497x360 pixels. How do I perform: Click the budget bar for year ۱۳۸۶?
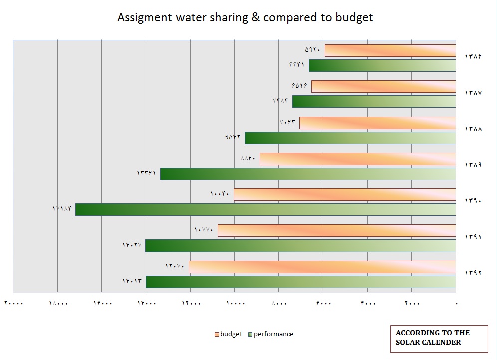390,50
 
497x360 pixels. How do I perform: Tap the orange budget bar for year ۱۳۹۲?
322,267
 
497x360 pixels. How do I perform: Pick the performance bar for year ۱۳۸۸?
350,138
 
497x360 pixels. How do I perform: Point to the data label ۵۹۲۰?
313,50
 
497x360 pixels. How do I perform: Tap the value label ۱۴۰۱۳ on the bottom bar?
132,281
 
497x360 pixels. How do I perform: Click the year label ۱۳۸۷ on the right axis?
473,93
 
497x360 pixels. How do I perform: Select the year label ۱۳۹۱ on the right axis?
473,237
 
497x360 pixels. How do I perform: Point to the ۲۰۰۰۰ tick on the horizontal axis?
14,303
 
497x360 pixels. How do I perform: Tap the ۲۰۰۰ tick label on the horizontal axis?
412,303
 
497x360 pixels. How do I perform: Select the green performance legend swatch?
250,334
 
